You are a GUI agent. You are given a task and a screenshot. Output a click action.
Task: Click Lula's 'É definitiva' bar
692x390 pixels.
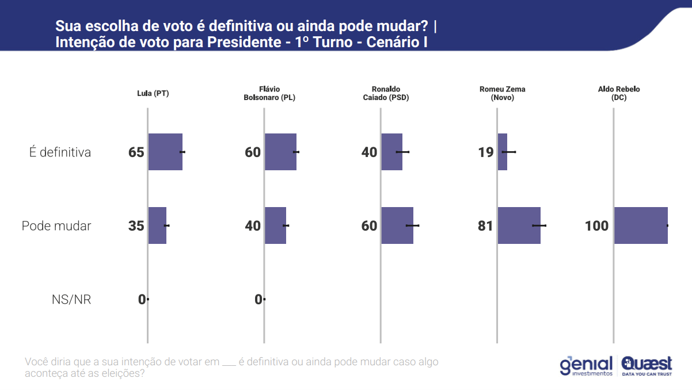click(165, 152)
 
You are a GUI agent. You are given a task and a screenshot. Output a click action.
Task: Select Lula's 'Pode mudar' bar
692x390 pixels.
click(157, 225)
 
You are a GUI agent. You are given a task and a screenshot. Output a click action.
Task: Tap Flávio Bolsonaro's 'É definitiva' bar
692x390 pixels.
click(280, 152)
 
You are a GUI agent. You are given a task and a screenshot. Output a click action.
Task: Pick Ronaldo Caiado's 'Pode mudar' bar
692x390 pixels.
click(397, 225)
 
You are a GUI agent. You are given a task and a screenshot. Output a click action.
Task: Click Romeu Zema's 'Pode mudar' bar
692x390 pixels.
click(519, 225)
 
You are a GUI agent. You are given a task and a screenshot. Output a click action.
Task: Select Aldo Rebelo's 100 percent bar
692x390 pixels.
click(641, 225)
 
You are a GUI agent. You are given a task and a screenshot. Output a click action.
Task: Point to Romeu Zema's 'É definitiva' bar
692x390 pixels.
click(503, 152)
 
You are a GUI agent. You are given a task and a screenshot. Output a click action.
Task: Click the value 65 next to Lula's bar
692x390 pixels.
click(136, 152)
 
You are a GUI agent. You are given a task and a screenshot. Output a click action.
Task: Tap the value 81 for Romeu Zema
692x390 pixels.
click(485, 226)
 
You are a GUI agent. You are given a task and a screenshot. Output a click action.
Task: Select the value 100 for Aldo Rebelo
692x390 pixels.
click(596, 226)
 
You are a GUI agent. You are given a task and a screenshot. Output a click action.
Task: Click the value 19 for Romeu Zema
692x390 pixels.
click(485, 152)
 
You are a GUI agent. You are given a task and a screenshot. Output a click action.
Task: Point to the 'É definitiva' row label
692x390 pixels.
click(60, 152)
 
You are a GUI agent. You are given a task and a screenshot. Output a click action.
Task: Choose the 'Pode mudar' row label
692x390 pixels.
click(56, 226)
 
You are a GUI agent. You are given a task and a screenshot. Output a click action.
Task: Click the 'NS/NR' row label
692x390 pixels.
click(71, 300)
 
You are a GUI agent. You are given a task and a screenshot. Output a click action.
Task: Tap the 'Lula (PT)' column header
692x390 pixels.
click(153, 93)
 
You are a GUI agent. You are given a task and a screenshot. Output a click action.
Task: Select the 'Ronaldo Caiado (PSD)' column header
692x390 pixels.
click(385, 93)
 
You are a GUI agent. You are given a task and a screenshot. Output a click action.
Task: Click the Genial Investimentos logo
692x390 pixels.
click(586, 366)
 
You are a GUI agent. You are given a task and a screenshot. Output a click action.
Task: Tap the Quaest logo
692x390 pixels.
click(647, 366)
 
